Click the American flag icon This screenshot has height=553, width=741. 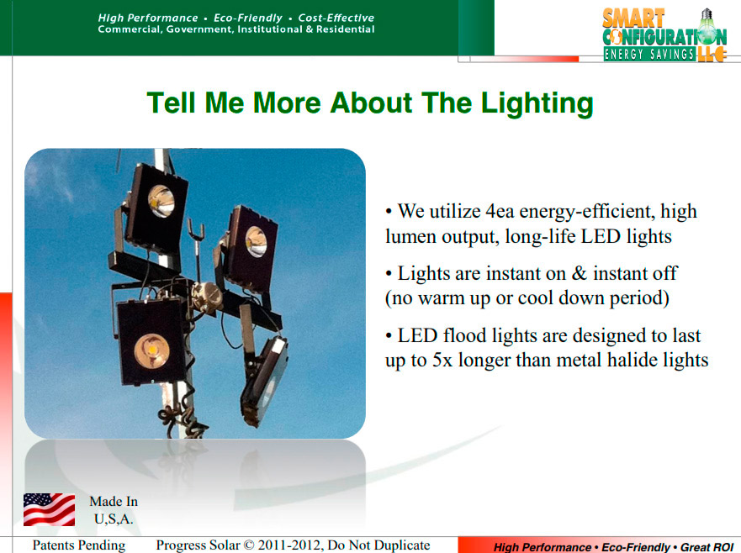(49, 509)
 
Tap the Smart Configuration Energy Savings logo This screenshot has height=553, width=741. (664, 35)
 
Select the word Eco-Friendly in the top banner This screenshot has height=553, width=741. (247, 18)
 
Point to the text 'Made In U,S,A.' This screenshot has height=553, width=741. (114, 510)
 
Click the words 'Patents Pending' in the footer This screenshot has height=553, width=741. (79, 545)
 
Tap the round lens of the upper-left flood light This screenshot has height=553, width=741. (161, 201)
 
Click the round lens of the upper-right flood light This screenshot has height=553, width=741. (257, 242)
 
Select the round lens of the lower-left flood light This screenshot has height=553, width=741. (151, 351)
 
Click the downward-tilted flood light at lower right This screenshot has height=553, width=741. (264, 380)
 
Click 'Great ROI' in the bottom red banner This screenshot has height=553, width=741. (707, 547)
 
